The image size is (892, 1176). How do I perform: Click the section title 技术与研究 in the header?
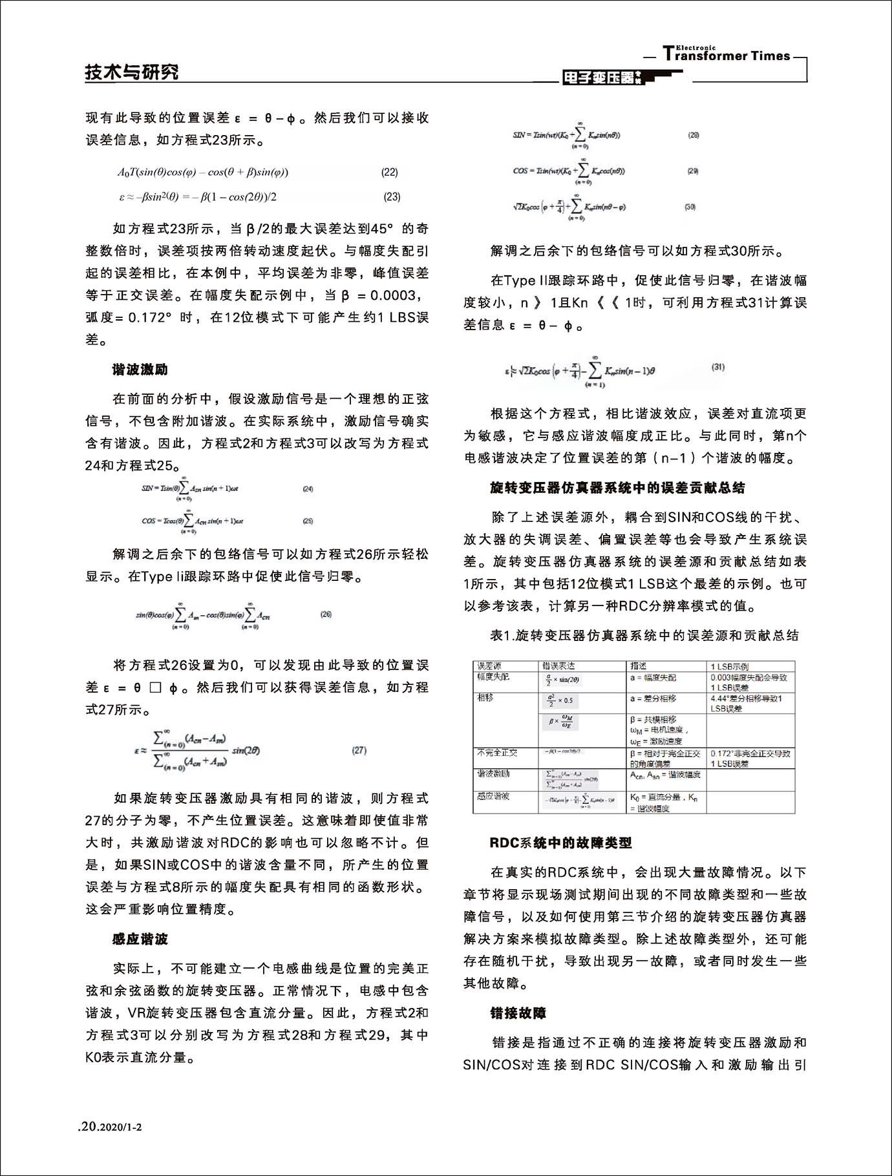pyautogui.click(x=132, y=72)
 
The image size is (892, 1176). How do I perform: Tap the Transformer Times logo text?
pyautogui.click(x=727, y=56)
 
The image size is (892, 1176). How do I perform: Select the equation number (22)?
pyautogui.click(x=390, y=173)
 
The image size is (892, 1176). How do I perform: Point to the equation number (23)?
pyautogui.click(x=392, y=197)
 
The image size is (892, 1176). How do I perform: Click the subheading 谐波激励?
pyautogui.click(x=140, y=370)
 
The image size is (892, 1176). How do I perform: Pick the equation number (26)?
pyautogui.click(x=326, y=614)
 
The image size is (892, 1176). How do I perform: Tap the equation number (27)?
pyautogui.click(x=359, y=750)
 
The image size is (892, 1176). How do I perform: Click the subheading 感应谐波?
pyautogui.click(x=140, y=939)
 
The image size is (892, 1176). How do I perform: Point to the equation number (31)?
pyautogui.click(x=718, y=367)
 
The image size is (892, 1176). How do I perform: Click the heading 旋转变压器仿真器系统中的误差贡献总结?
pyautogui.click(x=617, y=488)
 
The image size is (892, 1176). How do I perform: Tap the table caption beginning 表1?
pyautogui.click(x=644, y=635)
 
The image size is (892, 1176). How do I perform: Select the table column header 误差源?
pyautogui.click(x=489, y=666)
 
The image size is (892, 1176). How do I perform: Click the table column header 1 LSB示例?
pyautogui.click(x=730, y=666)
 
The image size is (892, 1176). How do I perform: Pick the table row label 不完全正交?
pyautogui.click(x=497, y=753)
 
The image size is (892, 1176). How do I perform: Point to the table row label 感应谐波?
pyautogui.click(x=493, y=796)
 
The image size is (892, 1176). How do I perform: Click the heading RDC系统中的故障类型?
pyautogui.click(x=560, y=843)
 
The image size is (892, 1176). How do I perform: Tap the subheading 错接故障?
pyautogui.click(x=518, y=1013)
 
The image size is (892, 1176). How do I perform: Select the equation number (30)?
pyautogui.click(x=690, y=207)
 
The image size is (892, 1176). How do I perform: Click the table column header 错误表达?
pyautogui.click(x=559, y=666)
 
